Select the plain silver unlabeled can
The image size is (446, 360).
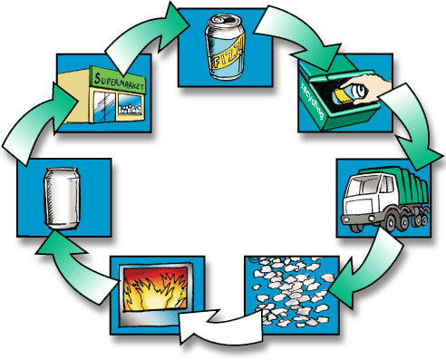pyautogui.click(x=63, y=199)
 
